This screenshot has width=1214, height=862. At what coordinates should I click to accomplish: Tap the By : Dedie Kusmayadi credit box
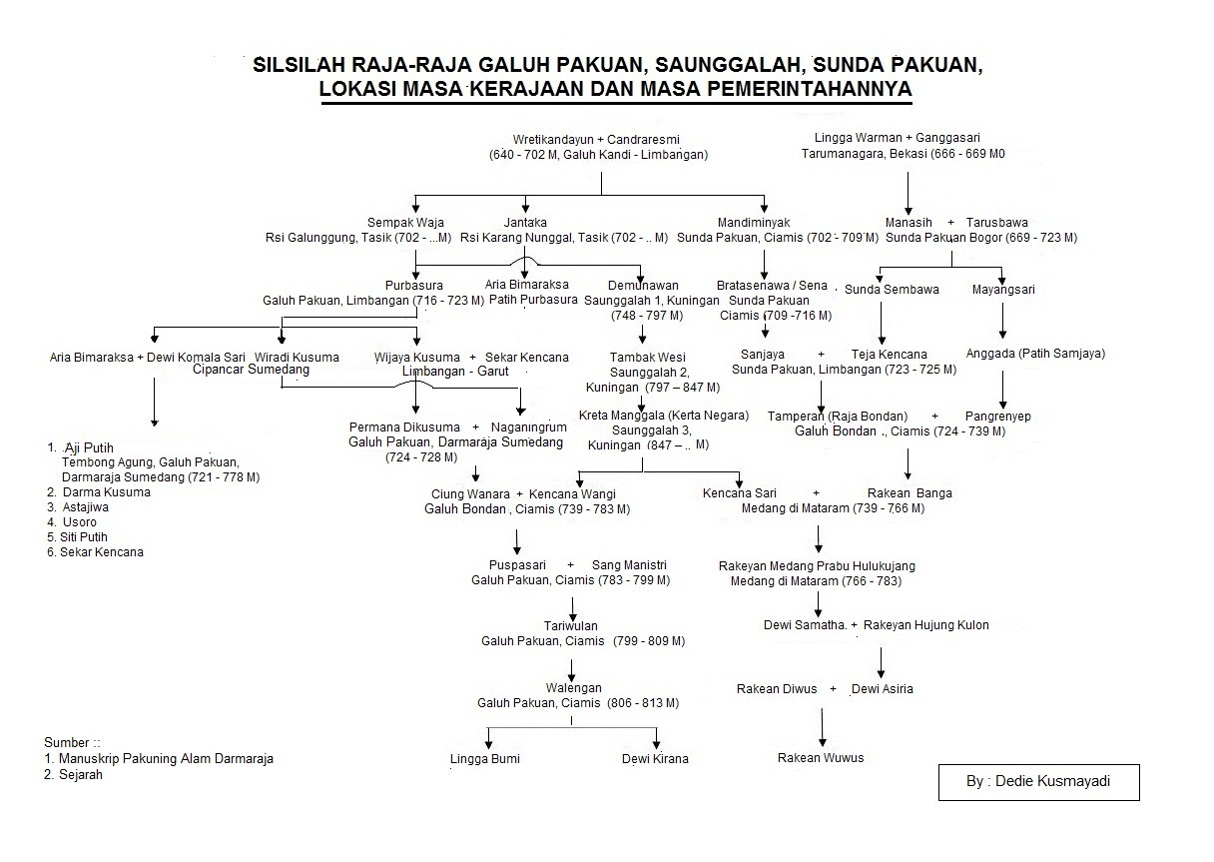point(1038,782)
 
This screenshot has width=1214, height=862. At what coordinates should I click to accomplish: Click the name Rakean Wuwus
point(821,757)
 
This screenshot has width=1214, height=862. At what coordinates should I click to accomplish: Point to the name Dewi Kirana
point(655,758)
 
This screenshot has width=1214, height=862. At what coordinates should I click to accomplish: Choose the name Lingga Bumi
point(485,758)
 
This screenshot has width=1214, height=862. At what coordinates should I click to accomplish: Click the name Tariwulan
point(571,625)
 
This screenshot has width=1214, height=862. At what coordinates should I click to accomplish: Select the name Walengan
point(573,688)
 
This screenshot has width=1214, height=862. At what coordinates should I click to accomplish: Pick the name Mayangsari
point(1003,290)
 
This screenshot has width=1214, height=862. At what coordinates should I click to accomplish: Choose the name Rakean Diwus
point(777,688)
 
